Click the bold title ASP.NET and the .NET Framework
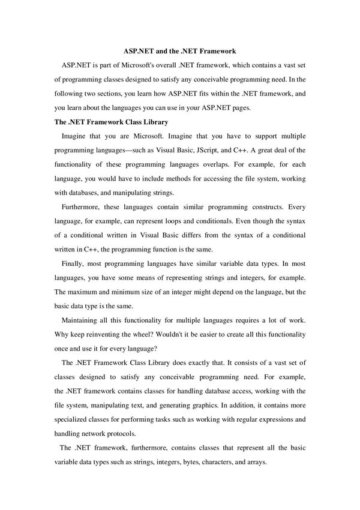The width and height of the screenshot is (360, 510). pyautogui.click(x=179, y=52)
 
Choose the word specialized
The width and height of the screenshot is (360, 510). pyautogui.click(x=73, y=404)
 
